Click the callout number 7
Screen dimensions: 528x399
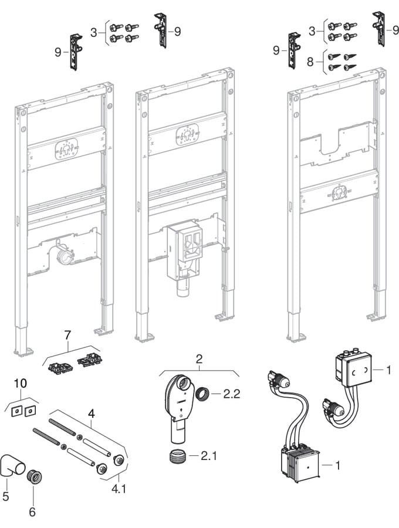click(x=67, y=336)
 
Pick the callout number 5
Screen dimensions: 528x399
click(x=6, y=496)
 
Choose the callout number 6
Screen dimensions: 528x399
click(x=32, y=512)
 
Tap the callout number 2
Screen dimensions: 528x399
click(x=199, y=357)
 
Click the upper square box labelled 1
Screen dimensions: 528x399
click(x=352, y=370)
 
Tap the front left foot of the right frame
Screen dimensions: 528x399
click(x=297, y=337)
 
